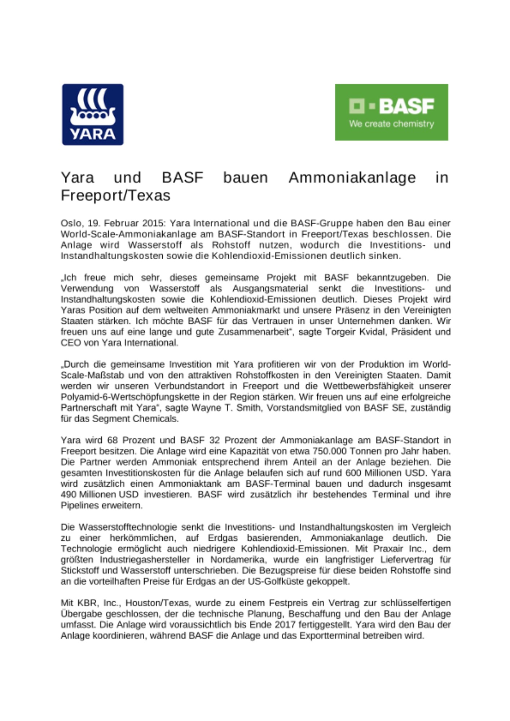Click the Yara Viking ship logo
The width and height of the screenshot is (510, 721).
[x=93, y=114]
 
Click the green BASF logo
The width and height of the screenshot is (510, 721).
[x=391, y=112]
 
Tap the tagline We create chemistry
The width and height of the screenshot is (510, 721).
[x=391, y=124]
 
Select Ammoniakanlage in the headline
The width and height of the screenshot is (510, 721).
[x=352, y=178]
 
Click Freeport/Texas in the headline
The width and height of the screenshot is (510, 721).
[x=115, y=195]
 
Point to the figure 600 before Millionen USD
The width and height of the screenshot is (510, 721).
[x=353, y=473]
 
